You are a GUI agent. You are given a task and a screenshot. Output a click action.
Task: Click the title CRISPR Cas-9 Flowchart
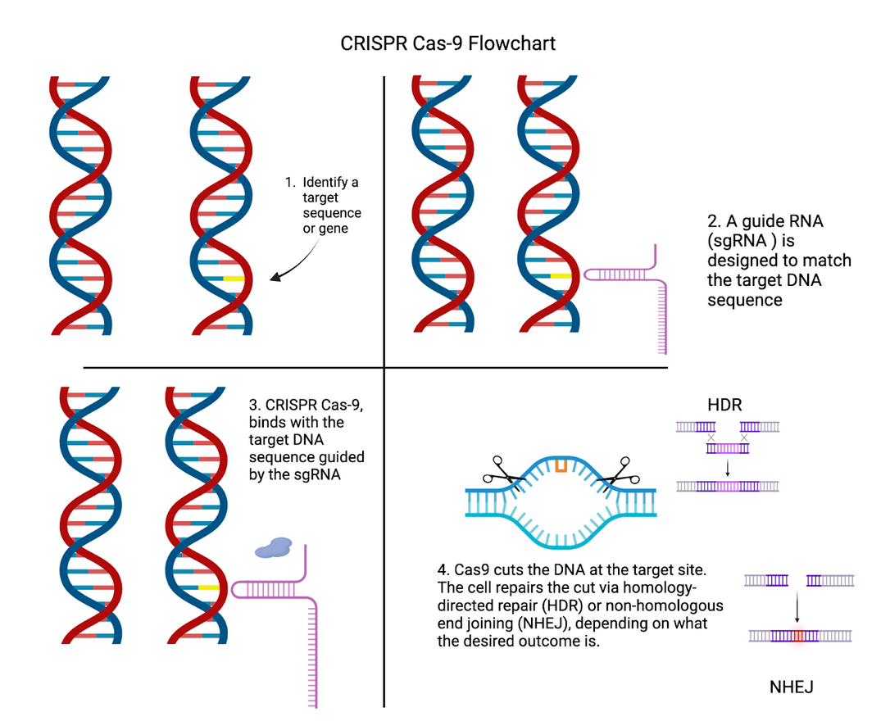click(447, 43)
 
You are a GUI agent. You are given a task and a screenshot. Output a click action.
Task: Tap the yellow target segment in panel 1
click(234, 279)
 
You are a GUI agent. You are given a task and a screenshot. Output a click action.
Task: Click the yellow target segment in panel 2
click(561, 276)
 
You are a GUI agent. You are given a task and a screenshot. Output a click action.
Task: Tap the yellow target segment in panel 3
click(208, 587)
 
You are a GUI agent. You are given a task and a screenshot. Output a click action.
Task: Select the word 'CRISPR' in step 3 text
click(288, 404)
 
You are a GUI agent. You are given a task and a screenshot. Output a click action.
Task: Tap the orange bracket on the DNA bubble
click(561, 465)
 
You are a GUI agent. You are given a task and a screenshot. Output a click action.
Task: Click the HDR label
click(724, 406)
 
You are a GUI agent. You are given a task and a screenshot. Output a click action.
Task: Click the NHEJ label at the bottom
click(791, 687)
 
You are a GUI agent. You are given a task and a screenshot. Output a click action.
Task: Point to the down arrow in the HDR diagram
click(728, 465)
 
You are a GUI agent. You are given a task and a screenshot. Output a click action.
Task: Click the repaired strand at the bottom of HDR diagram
click(727, 486)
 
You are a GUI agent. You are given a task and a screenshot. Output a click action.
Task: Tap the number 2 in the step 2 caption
click(711, 222)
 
